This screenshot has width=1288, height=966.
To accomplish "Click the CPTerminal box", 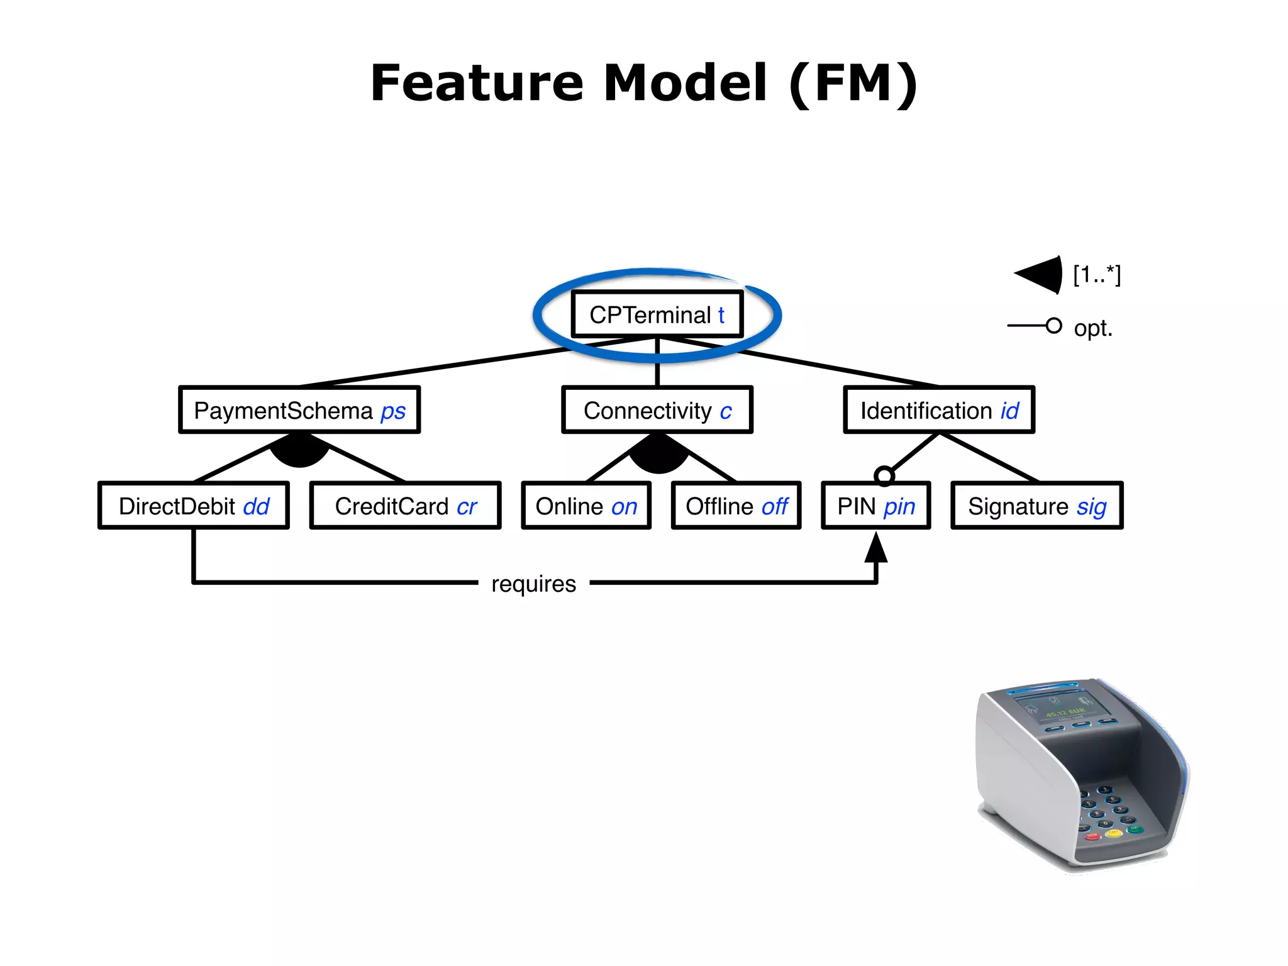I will (x=657, y=314).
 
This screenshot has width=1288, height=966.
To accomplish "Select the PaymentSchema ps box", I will (x=299, y=410).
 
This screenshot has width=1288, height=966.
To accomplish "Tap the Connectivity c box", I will (x=657, y=410).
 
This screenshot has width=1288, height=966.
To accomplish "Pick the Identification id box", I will (x=939, y=410).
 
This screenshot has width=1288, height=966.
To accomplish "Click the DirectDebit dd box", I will (x=194, y=506).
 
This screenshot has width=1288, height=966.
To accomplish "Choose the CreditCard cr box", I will (x=406, y=506).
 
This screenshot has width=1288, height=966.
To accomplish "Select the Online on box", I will (x=586, y=506).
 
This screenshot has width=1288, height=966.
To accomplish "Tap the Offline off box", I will (x=736, y=506).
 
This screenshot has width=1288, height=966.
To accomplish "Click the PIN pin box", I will (x=876, y=506).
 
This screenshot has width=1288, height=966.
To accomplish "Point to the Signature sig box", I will (x=1037, y=506).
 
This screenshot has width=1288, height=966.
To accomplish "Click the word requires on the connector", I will (x=533, y=584).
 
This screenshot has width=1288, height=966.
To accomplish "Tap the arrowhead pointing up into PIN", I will (x=876, y=547).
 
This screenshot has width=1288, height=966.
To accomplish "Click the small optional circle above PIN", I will (x=884, y=475).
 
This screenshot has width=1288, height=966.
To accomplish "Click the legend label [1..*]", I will (x=1097, y=275).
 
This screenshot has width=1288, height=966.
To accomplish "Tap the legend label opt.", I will (x=1093, y=328).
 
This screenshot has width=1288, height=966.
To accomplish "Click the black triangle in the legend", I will (x=1041, y=275).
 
